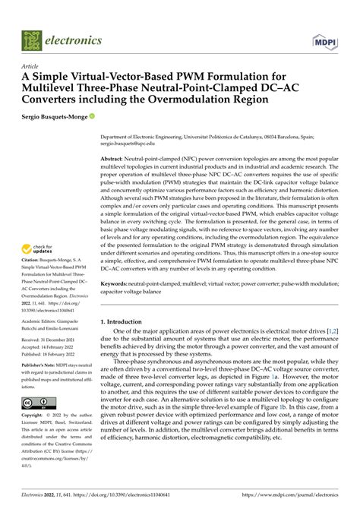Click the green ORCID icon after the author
pos(93,116)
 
